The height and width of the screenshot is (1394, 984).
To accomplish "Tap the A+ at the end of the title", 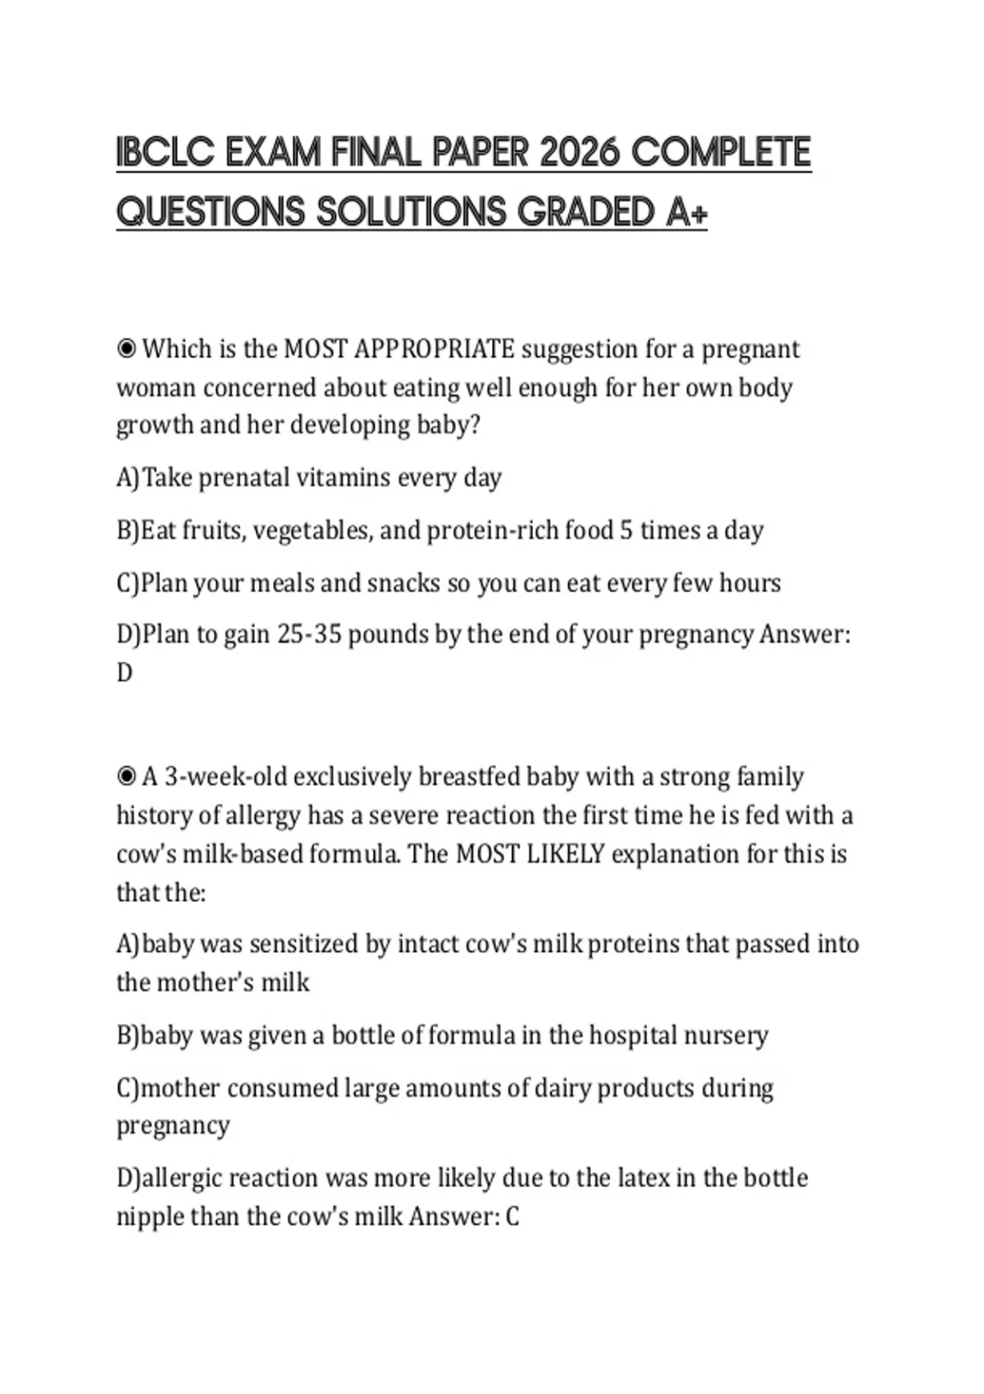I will click(686, 212).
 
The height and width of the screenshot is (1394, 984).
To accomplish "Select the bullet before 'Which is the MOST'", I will click(126, 349).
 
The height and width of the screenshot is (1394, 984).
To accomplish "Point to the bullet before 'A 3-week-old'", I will click(126, 776).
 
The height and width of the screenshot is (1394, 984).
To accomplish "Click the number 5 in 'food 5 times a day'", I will click(626, 531).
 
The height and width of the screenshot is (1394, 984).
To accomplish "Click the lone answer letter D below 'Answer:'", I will click(125, 673).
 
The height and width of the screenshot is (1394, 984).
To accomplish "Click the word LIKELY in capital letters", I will click(564, 854).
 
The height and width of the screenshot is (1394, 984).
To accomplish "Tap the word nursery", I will click(727, 1036).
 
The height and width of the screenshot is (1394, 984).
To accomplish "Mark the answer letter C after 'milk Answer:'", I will click(512, 1216).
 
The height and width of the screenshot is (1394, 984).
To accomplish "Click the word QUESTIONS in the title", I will click(210, 212).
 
